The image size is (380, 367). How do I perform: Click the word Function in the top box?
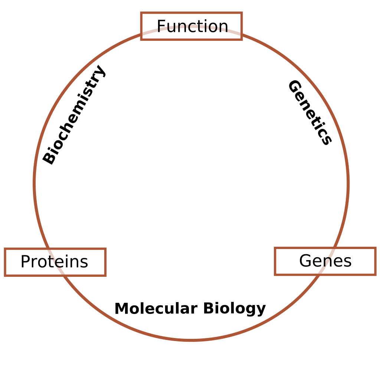pos(192,26)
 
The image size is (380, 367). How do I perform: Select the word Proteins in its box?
pos(54,262)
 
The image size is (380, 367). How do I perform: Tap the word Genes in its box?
pos(325,261)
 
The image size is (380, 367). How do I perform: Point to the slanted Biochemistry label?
pos(74,115)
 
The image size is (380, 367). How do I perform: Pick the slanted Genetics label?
pos(310,112)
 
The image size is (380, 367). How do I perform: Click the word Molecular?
pos(155,309)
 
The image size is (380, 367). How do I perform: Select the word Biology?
pos(234,309)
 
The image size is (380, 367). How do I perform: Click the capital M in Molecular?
pos(121,309)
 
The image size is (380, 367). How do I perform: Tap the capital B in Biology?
pos(209,309)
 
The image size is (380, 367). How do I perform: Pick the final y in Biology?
pos(261,310)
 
